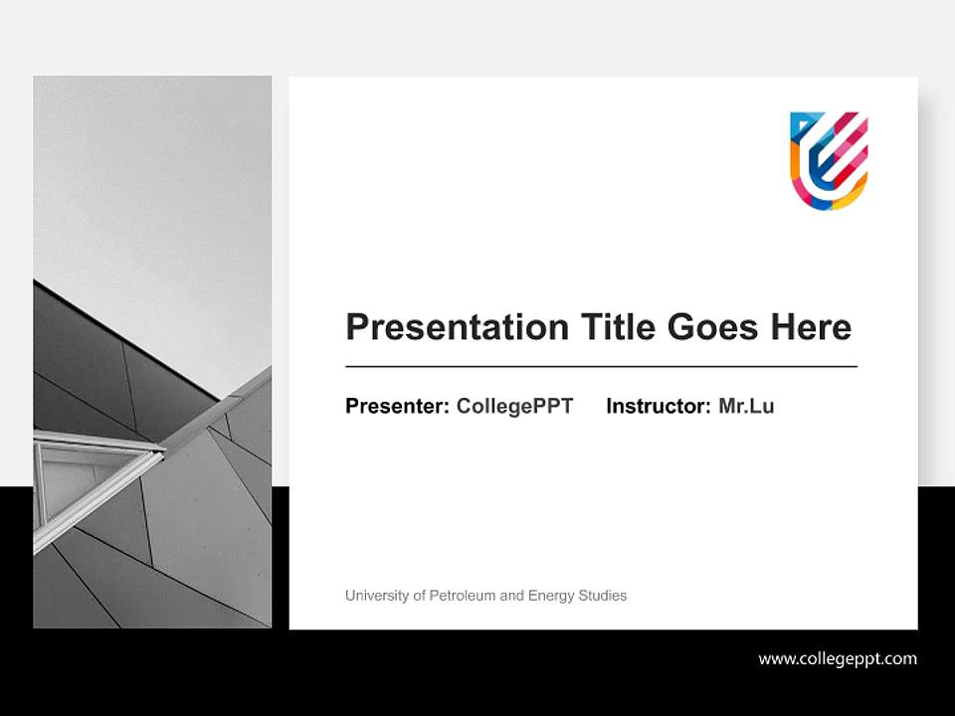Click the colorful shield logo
coord(829,160)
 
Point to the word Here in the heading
coord(808,327)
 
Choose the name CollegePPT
coord(514,406)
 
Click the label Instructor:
coord(658,406)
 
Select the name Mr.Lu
coord(746,406)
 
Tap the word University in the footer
coord(377,596)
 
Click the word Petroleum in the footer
coord(462,596)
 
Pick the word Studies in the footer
coord(604,596)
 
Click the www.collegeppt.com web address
coord(838,658)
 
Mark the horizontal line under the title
coord(601,367)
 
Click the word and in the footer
coord(511,596)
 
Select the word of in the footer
coord(418,596)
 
